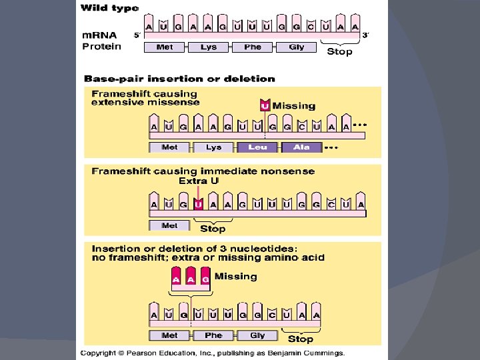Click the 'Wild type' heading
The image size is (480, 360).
(x=110, y=9)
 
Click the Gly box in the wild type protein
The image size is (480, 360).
(x=297, y=47)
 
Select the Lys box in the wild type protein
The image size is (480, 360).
(x=209, y=47)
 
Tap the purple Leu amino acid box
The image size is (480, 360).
(x=257, y=147)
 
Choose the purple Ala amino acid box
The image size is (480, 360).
(x=301, y=147)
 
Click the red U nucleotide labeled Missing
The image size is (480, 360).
(x=265, y=105)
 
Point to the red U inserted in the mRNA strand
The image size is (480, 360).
(x=197, y=204)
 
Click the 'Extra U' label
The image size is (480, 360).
(x=198, y=181)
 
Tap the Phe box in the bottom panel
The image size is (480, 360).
(x=213, y=335)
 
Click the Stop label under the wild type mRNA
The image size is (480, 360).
(x=339, y=51)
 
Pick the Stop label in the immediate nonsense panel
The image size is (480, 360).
(x=213, y=229)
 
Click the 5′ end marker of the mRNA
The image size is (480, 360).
(x=137, y=35)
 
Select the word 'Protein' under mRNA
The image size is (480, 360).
(x=101, y=46)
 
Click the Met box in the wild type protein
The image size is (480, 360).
(x=165, y=47)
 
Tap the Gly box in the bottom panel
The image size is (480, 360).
(x=257, y=335)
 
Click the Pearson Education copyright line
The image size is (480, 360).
(x=213, y=352)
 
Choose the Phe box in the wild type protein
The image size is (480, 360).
(x=253, y=47)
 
